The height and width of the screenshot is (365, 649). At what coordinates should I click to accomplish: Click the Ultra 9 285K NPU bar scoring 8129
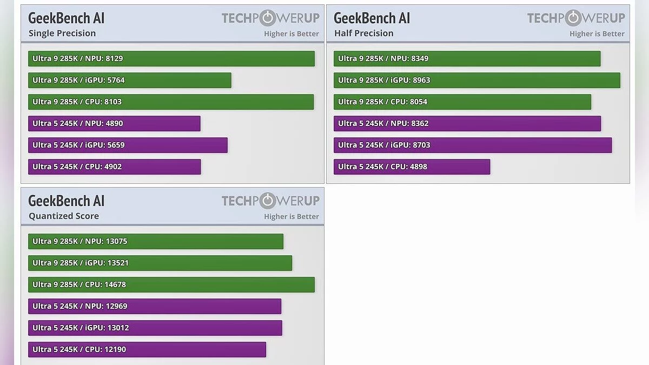coord(171,58)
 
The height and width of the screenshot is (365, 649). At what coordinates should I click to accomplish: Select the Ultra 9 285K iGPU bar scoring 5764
coord(130,80)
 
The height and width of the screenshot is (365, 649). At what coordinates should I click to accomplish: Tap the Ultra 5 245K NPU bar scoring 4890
coord(114,123)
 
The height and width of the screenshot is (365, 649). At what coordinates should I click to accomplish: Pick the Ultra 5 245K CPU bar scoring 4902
coord(114,167)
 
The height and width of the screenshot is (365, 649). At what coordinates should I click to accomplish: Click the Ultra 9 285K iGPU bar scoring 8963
coord(476,80)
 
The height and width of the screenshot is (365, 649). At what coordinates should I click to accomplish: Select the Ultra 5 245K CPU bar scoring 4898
coord(412,167)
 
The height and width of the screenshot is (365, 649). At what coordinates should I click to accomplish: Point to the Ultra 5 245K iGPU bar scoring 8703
coord(472,145)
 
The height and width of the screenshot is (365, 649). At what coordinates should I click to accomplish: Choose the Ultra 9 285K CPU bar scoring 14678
coord(171,284)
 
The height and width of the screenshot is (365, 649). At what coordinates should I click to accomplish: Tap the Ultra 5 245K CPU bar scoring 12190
coord(147,349)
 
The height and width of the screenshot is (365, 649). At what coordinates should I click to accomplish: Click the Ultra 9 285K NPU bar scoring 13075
coord(155,241)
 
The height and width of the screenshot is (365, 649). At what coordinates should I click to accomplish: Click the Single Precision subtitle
coord(62,34)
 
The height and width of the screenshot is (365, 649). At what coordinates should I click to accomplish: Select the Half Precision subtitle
coord(364,34)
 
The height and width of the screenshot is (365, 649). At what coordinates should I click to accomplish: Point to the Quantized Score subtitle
coord(64,216)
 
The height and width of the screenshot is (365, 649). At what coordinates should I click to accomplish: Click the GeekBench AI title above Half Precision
coord(372,18)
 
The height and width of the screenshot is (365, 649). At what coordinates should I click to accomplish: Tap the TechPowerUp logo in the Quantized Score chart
coord(270,201)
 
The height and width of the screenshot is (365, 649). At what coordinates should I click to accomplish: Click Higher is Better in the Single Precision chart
coord(292,34)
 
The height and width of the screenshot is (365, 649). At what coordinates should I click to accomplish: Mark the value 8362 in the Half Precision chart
coord(420,123)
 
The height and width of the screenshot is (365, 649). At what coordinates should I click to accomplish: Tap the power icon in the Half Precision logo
coord(573,18)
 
